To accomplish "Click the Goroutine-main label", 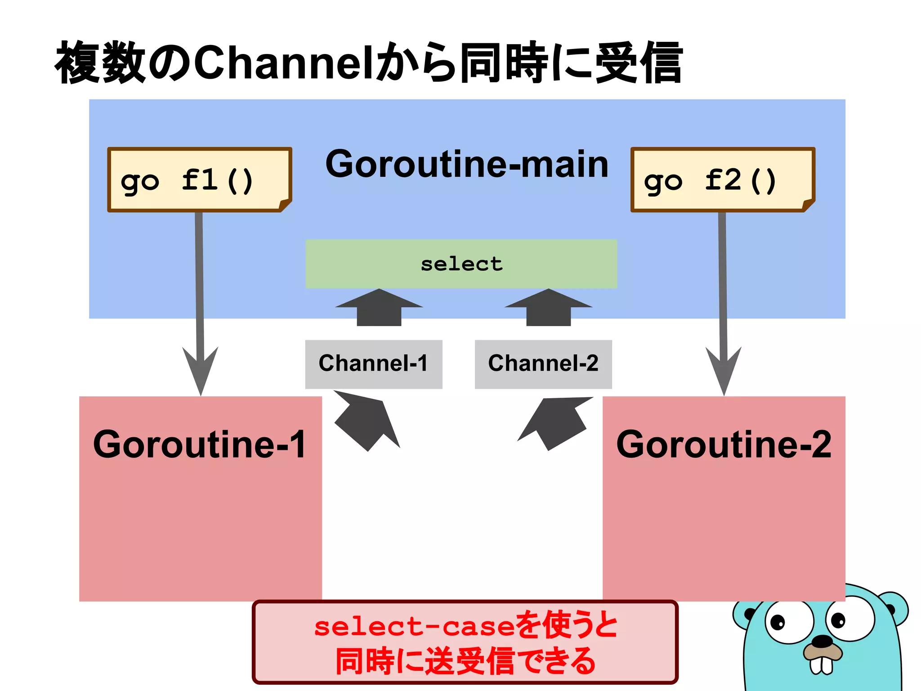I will point(467,165).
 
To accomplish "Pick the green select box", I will point(461,264).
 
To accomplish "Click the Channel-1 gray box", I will point(373,364).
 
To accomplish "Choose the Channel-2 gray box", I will point(543,364).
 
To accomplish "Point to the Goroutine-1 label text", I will point(200,444).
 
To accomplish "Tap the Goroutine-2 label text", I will point(724,444).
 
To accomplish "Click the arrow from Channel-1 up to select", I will point(379,308).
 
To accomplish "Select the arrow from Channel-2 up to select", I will point(549,308).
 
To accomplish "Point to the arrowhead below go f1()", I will point(201,369).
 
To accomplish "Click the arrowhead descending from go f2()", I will point(724,369).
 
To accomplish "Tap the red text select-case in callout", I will point(414,627).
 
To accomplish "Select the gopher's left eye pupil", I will point(778,623).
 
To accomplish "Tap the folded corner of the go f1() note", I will point(285,205).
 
